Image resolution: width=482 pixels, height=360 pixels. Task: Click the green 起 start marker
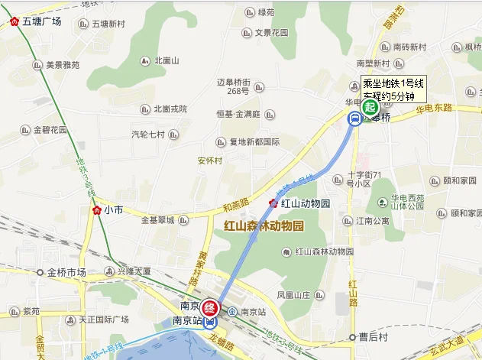370,107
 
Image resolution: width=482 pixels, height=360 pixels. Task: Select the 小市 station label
114,209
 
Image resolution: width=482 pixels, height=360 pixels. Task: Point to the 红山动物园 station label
304,203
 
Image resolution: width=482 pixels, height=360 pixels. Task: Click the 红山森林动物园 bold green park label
264,226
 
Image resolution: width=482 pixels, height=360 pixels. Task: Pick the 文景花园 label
271,33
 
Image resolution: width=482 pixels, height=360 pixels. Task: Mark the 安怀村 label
209,161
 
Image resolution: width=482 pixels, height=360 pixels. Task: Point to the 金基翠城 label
158,220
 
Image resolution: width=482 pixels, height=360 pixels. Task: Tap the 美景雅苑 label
62,65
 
